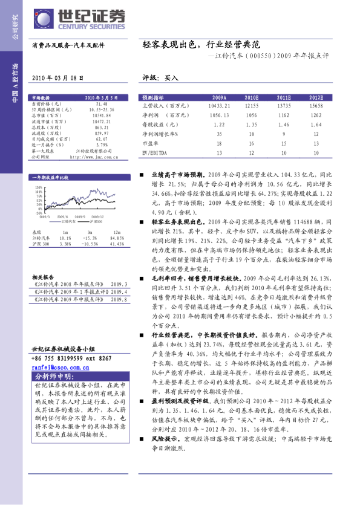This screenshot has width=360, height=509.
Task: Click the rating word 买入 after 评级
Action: [171, 77]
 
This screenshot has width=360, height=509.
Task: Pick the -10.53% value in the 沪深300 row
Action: [90, 244]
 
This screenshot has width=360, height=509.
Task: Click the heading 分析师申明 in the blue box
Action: [53, 377]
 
